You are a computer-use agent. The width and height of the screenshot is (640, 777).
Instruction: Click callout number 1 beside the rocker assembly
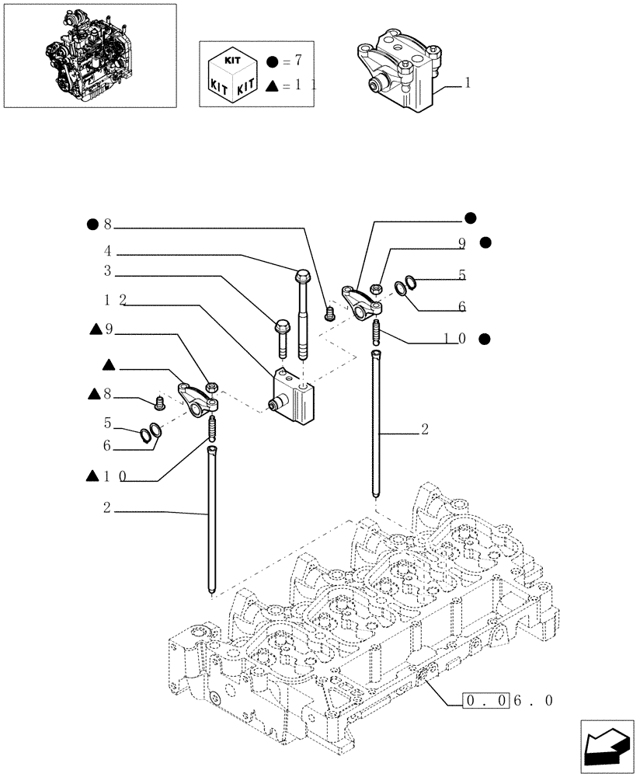coord(467,82)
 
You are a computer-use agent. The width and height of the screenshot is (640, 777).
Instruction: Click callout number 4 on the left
coord(108,252)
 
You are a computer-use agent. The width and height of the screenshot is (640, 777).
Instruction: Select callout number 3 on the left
coord(108,271)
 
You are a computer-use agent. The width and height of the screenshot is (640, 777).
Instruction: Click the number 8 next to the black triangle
coord(109,396)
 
